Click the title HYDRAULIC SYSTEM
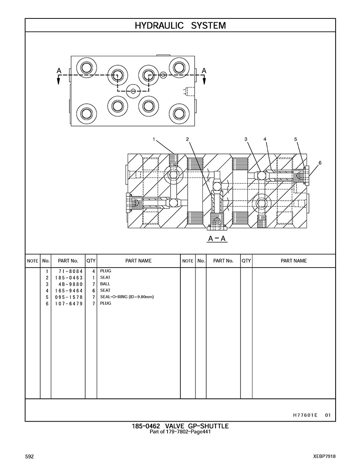click(180, 26)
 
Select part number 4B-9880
click(69, 284)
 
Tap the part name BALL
click(105, 284)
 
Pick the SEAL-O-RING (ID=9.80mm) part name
click(126, 297)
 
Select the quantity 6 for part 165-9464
click(93, 291)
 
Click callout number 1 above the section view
click(153, 139)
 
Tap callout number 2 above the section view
click(187, 139)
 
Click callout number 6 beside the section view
click(320, 163)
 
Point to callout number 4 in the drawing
click(265, 139)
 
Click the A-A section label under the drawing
click(217, 238)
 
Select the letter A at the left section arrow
click(59, 70)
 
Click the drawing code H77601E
click(305, 415)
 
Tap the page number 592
click(29, 456)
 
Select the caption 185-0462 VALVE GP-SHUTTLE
click(180, 426)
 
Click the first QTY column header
click(91, 261)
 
